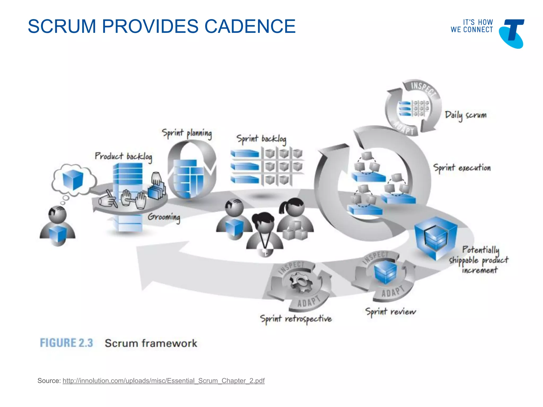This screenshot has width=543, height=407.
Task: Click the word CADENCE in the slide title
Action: coord(250,26)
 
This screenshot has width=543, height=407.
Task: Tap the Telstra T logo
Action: coord(511,34)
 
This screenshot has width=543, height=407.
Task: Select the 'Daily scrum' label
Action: coord(466,116)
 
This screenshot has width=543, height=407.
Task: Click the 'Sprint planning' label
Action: coord(187,133)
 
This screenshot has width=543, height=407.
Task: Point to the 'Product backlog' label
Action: coord(124,157)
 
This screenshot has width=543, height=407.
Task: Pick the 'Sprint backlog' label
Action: coord(261,139)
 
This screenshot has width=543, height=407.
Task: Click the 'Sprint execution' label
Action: coord(462,168)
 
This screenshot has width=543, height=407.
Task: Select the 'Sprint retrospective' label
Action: coord(296,319)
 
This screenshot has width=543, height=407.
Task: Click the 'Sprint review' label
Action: coord(391,312)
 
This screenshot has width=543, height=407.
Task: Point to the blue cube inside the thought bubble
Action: coord(73,180)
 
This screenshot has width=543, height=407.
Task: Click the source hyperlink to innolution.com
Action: coord(164,381)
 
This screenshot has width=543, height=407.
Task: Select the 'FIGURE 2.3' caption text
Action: coord(67,343)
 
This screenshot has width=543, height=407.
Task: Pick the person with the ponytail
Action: coord(295,219)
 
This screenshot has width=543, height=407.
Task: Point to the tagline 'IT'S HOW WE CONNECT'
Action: coord(472,26)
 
